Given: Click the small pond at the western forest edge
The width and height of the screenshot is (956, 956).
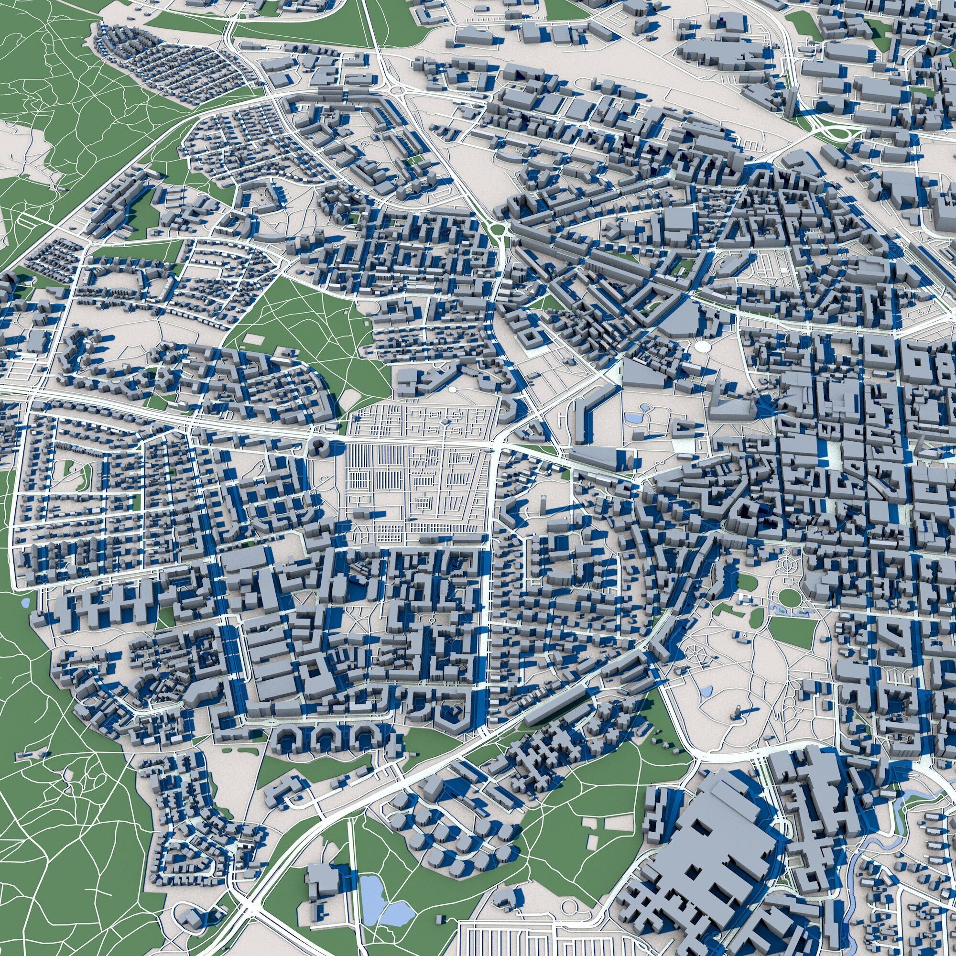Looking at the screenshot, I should (x=25, y=603).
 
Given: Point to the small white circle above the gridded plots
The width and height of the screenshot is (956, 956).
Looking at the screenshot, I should (x=452, y=390).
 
